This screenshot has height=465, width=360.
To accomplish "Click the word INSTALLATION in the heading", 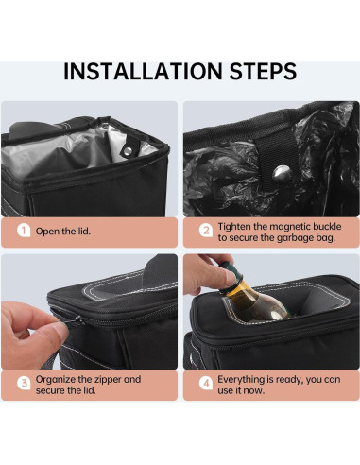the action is [x=144, y=71].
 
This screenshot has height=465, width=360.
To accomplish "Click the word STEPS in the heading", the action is [x=263, y=71].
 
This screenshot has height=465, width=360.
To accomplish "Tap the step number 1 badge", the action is [x=24, y=231].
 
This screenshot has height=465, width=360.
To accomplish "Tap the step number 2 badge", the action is [x=206, y=231].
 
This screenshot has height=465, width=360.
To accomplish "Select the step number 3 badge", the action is [x=24, y=384].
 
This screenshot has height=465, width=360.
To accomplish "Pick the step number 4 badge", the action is [x=206, y=384].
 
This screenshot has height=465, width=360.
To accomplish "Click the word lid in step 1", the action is [x=83, y=232].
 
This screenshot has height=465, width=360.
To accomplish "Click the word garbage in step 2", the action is [x=294, y=238].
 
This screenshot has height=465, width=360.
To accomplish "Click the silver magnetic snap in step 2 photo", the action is [x=282, y=174].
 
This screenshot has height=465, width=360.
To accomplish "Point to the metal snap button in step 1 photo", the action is [x=128, y=151].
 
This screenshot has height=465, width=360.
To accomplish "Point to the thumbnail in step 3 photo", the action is [x=60, y=329].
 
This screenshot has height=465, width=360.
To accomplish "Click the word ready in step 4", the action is [x=289, y=380].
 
